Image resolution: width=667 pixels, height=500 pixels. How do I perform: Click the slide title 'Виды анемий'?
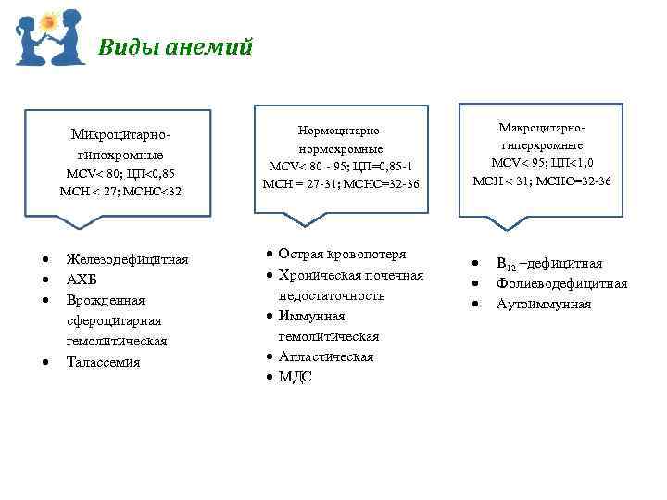point(175,47)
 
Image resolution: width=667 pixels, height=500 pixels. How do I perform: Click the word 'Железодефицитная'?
point(127,259)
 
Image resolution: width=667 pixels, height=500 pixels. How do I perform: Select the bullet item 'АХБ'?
point(82,280)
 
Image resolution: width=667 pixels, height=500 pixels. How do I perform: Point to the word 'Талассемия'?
point(103,361)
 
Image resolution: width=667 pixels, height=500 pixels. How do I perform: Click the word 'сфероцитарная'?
point(113,320)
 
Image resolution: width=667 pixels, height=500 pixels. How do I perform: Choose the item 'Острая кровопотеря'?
point(342,255)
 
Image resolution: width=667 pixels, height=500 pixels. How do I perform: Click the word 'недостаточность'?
point(331,295)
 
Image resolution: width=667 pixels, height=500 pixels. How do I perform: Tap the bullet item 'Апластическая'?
point(325,356)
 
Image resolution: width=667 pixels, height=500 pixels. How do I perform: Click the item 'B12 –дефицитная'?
point(548,264)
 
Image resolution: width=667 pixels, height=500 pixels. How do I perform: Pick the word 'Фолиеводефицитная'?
point(561,283)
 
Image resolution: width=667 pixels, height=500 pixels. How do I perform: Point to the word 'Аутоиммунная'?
point(543,304)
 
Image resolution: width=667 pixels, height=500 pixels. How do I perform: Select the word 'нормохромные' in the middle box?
point(340,148)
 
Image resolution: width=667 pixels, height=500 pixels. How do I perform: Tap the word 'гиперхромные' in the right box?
point(541,145)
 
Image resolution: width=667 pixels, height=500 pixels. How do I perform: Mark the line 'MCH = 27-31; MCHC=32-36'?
point(340,183)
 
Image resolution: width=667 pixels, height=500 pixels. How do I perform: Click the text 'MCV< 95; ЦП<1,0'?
point(541,163)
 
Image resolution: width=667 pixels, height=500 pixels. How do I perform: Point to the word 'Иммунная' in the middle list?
point(311,316)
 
